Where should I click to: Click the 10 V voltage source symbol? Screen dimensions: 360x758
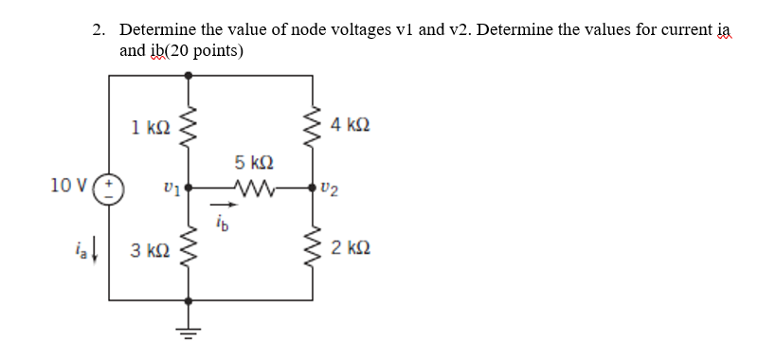(110, 186)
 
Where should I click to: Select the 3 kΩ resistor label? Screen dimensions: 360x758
(150, 251)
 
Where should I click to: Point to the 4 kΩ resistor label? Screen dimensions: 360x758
(352, 125)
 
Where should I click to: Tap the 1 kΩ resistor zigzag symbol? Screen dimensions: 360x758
(189, 125)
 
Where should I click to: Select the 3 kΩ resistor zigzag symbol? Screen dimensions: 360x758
(189, 250)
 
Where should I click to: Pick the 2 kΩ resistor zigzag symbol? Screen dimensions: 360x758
(313, 250)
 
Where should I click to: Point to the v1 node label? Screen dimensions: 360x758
(171, 189)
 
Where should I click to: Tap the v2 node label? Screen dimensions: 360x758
(329, 189)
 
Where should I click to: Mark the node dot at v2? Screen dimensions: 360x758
(313, 188)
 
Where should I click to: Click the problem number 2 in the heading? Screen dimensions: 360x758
(99, 30)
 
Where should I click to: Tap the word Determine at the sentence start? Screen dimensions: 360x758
(156, 30)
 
